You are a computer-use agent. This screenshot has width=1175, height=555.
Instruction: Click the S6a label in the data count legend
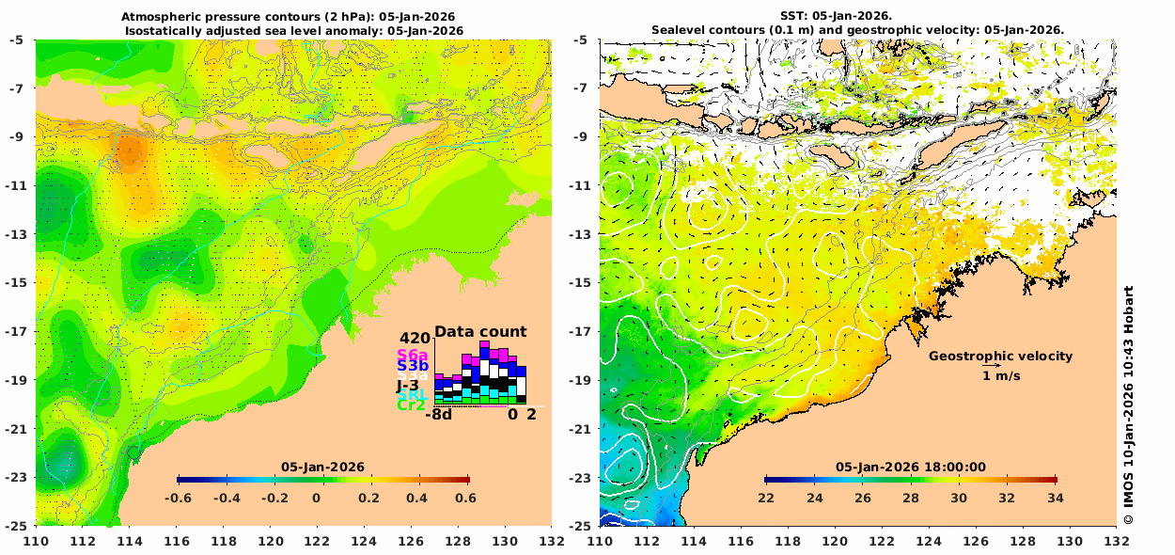(413, 355)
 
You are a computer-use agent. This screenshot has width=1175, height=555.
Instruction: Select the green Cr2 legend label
(412, 405)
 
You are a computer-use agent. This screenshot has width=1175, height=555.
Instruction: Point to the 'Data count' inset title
(480, 332)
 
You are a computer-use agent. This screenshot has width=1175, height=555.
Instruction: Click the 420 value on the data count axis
(414, 339)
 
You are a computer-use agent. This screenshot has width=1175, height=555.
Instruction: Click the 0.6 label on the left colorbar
(465, 499)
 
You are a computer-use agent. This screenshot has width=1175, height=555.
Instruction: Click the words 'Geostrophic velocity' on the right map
(1000, 357)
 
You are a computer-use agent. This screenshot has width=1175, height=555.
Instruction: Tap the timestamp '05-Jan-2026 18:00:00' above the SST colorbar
(911, 467)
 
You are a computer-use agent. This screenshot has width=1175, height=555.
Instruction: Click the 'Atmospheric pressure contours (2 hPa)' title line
(293, 17)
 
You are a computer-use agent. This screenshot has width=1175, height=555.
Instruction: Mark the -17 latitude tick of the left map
(17, 331)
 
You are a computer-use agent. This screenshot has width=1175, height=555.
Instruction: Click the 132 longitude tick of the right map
(1116, 542)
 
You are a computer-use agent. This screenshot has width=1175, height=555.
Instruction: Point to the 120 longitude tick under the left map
(271, 542)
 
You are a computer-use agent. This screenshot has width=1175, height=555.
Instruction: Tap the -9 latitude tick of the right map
(581, 136)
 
